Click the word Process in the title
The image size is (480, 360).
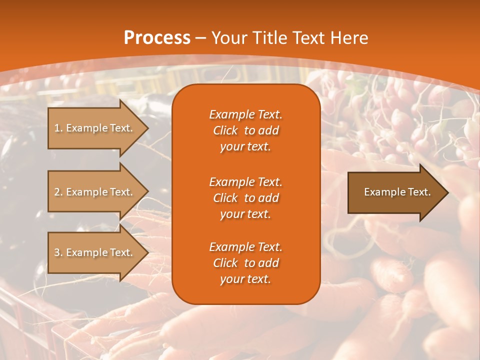157,38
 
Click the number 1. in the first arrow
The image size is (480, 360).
58,128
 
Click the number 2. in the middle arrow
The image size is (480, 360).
58,192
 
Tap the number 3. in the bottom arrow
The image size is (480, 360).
58,252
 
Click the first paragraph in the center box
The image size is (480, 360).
245,130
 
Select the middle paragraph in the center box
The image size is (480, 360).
245,198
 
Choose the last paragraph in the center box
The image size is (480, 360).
245,263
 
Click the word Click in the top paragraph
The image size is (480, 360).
225,130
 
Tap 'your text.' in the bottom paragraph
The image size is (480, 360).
245,279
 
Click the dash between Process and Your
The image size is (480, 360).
201,38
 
